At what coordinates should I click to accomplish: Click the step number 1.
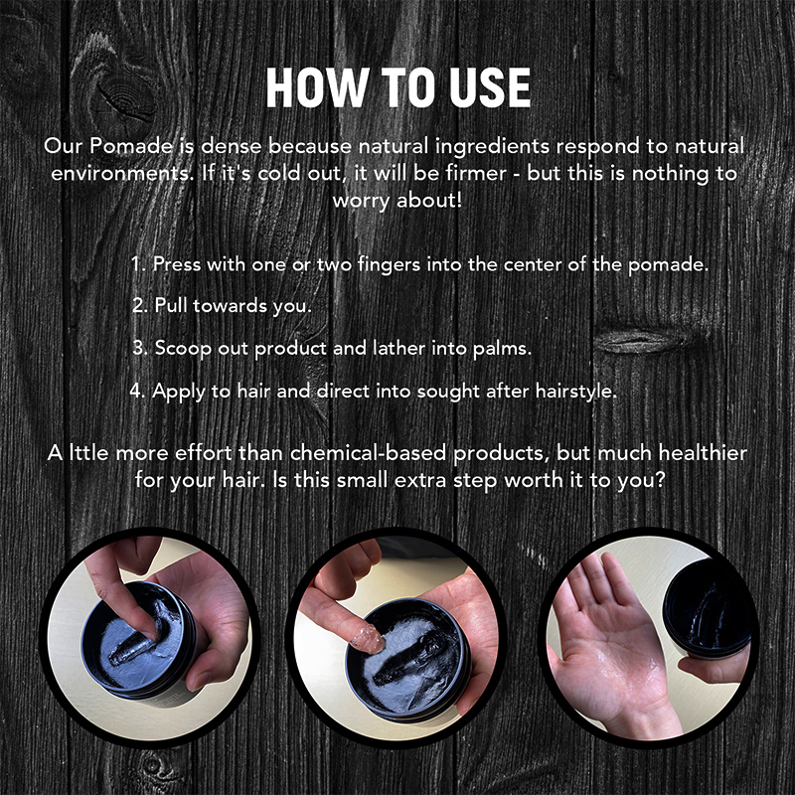139,265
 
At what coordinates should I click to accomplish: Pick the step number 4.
138,391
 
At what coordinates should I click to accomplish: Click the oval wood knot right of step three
636,340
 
